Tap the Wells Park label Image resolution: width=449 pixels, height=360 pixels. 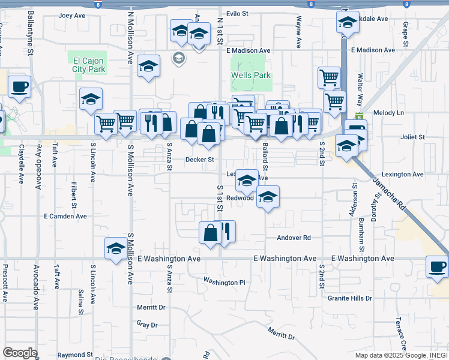(x=251, y=76)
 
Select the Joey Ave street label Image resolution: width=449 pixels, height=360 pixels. (x=73, y=16)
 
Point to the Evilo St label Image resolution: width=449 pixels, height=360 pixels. (x=237, y=14)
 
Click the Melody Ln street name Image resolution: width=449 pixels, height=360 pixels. (x=388, y=113)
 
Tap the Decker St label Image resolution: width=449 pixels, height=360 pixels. (x=199, y=160)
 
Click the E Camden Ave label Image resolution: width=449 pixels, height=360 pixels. (x=65, y=216)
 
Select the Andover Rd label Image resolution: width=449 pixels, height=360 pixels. (x=294, y=238)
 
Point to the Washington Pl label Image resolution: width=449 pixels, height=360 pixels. (x=224, y=281)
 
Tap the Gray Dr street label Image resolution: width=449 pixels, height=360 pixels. (x=146, y=325)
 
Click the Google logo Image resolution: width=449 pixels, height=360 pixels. (x=20, y=352)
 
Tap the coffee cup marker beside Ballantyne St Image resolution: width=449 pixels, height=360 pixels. (x=19, y=86)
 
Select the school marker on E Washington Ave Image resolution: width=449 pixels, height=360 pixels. (x=115, y=248)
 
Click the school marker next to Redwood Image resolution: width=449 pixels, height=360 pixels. (x=268, y=197)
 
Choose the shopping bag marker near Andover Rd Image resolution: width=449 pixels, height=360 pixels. (x=211, y=233)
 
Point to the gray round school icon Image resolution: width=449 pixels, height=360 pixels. (x=178, y=58)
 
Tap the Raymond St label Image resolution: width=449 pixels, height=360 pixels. (x=75, y=355)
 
